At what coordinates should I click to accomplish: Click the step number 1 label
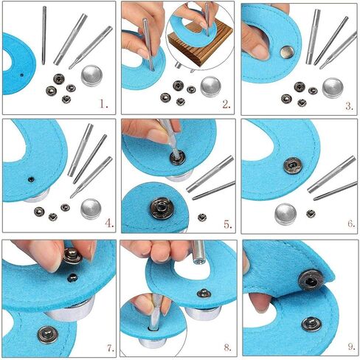[x=104, y=105]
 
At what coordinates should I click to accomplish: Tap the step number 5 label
[x=228, y=224]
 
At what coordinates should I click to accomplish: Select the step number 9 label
[x=351, y=347]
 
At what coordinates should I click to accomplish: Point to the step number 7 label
[x=111, y=348]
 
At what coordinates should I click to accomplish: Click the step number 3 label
[x=350, y=106]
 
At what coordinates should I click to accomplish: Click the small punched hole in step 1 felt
[x=22, y=75]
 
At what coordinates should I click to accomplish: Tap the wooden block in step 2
[x=201, y=46]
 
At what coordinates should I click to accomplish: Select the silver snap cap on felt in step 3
[x=287, y=52]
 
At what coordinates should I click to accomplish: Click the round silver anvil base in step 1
[x=91, y=75]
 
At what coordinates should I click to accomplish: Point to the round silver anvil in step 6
[x=285, y=214]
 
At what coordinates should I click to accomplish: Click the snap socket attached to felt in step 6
[x=293, y=165]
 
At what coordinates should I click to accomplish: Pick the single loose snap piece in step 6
[x=311, y=213]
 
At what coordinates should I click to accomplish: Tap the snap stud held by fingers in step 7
[x=72, y=255]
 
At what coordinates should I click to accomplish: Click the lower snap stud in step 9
[x=311, y=324]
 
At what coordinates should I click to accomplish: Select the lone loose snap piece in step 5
[x=202, y=218]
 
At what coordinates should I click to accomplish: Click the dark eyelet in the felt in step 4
[x=31, y=179]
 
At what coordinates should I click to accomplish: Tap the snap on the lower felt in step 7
[x=48, y=335]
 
